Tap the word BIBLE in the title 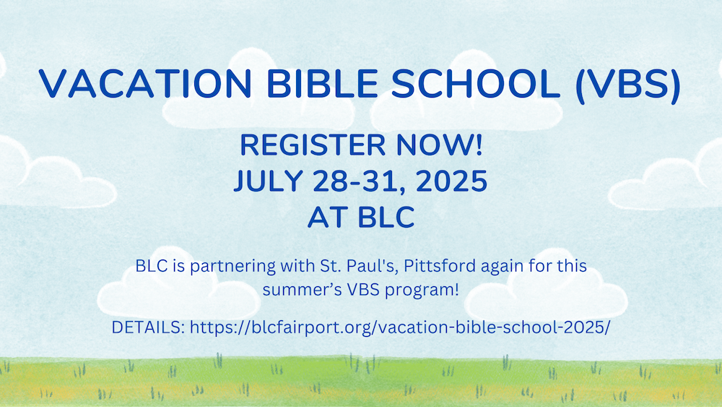click(x=322, y=83)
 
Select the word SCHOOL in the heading click(x=476, y=83)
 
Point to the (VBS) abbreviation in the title click(x=628, y=85)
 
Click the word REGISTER click(x=313, y=145)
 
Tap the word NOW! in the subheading click(x=439, y=145)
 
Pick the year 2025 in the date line click(x=452, y=181)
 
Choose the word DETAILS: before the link click(x=148, y=327)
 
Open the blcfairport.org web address click(x=400, y=327)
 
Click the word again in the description click(x=503, y=267)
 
